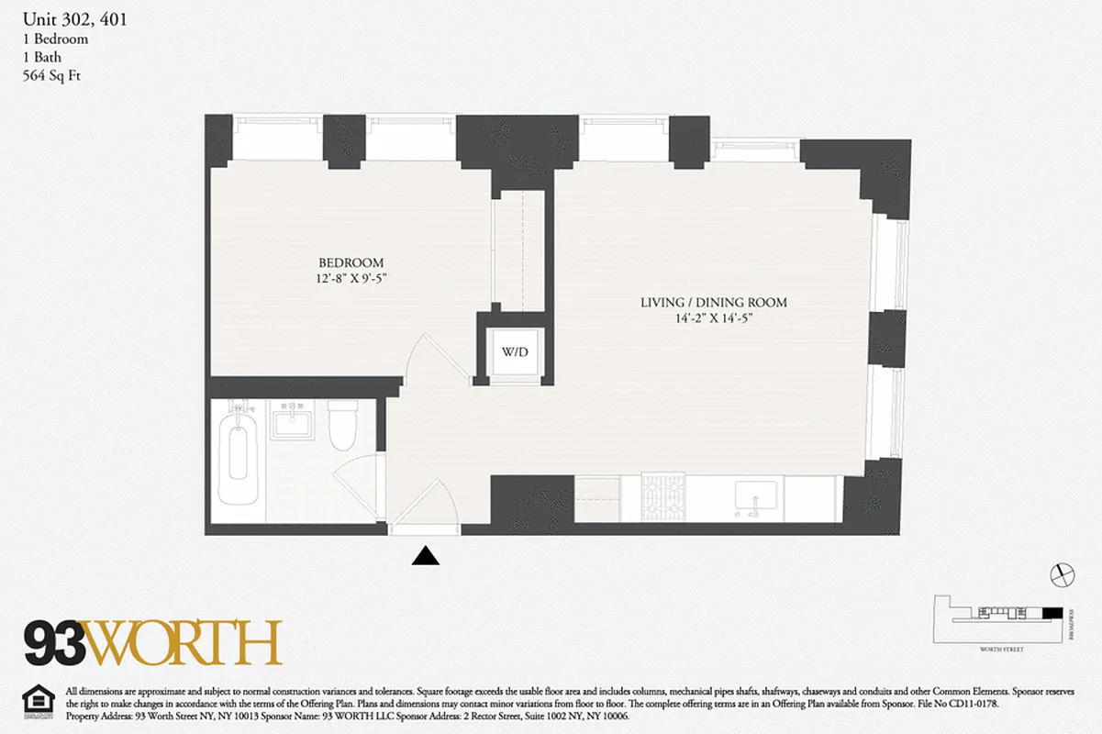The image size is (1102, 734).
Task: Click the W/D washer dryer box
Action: (x=515, y=351)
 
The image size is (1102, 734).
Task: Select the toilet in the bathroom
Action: (x=343, y=427)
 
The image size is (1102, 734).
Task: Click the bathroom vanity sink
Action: (x=292, y=424)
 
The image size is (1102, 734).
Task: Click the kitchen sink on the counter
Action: (x=755, y=496)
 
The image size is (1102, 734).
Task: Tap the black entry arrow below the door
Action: (x=425, y=555)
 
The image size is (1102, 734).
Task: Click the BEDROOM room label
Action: (x=351, y=262)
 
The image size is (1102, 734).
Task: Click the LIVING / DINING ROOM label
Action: (x=713, y=303)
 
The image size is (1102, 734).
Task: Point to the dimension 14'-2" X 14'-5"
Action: (x=713, y=318)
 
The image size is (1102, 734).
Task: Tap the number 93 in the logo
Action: (x=54, y=643)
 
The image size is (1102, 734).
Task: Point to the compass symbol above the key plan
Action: (x=1061, y=573)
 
